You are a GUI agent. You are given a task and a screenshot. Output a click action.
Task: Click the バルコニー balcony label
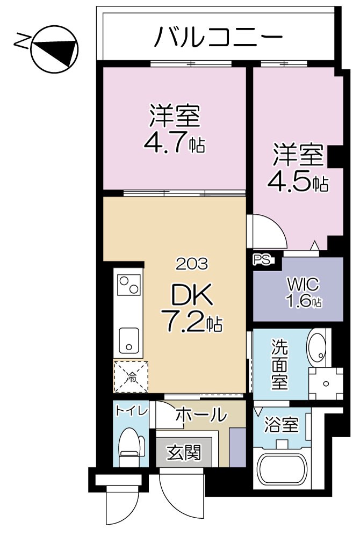click(x=219, y=38)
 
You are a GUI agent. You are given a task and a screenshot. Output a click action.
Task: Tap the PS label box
click(x=263, y=259)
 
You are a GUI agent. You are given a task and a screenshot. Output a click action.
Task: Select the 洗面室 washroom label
click(x=279, y=364)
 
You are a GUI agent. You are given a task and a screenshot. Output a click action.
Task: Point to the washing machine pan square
click(x=326, y=383)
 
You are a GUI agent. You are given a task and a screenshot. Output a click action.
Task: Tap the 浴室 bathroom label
click(x=282, y=426)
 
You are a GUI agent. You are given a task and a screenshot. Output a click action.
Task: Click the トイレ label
click(x=131, y=411)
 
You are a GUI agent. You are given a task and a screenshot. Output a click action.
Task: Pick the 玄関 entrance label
click(x=183, y=453)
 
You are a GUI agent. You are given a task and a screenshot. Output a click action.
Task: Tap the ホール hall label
click(x=200, y=415)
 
